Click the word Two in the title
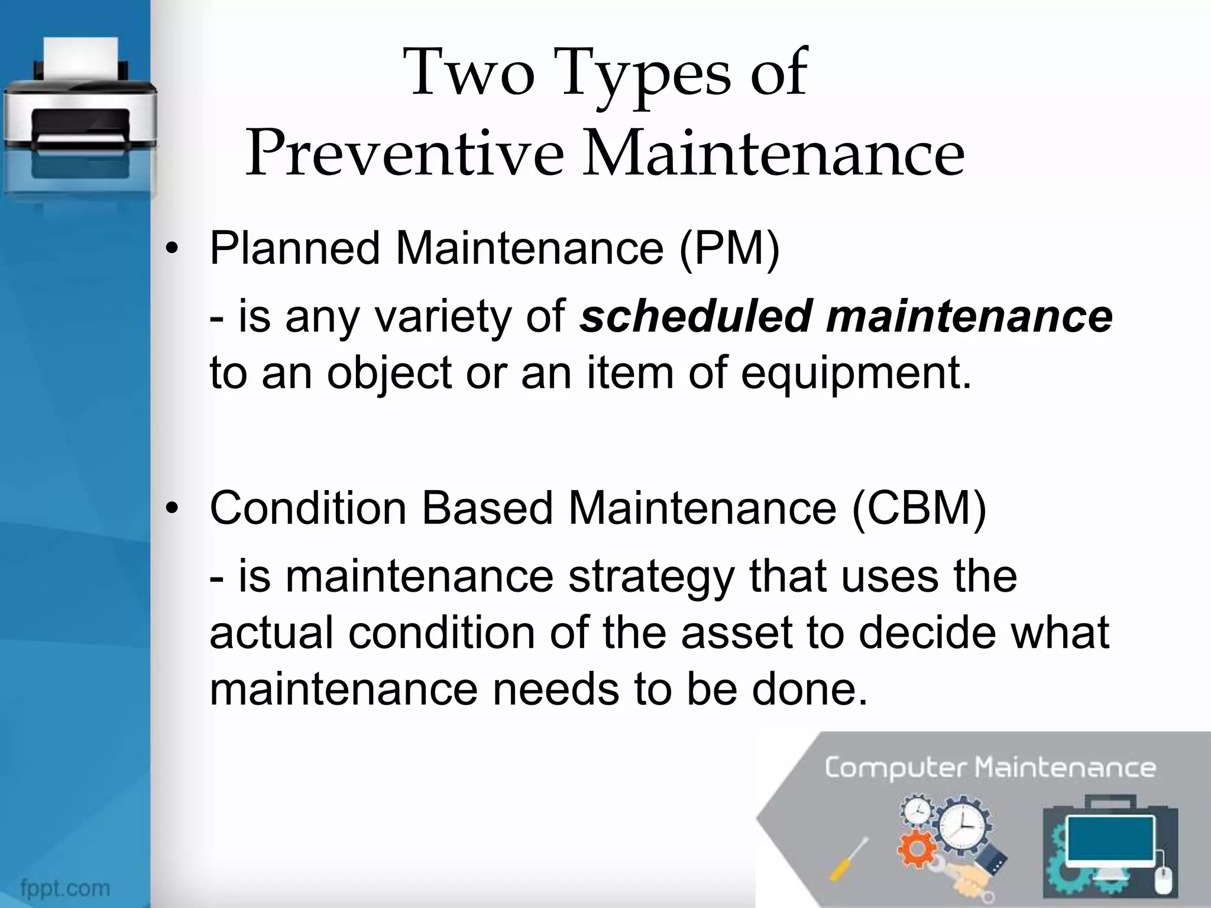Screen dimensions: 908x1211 click(470, 73)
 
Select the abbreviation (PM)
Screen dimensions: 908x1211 click(730, 248)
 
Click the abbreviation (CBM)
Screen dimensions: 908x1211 click(919, 508)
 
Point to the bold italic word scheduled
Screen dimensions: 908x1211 click(695, 316)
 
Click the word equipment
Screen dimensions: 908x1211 click(856, 374)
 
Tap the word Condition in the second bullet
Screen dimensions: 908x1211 click(307, 508)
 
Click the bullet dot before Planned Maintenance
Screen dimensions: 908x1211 click(172, 250)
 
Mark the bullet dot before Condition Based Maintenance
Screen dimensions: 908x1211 click(172, 510)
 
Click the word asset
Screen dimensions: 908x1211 click(736, 633)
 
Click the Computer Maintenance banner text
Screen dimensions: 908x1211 click(990, 768)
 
